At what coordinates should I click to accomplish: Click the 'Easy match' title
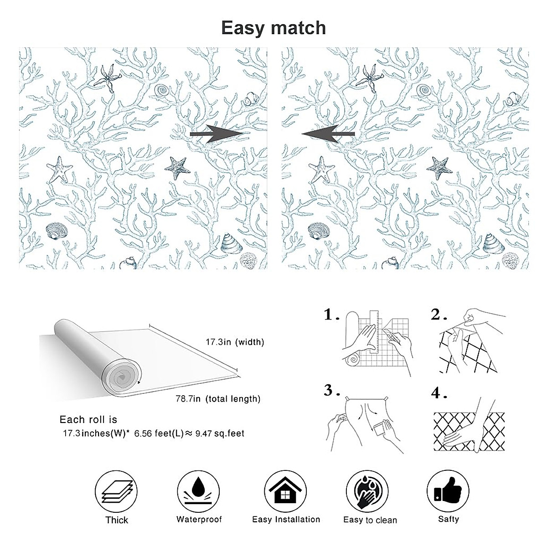pyautogui.click(x=273, y=28)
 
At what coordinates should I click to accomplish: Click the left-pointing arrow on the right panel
pyautogui.click(x=328, y=134)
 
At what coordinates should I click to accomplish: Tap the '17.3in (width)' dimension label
pyautogui.click(x=235, y=342)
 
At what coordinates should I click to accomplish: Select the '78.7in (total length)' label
pyautogui.click(x=218, y=399)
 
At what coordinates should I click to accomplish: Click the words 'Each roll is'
pyautogui.click(x=88, y=419)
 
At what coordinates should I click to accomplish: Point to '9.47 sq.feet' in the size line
pyautogui.click(x=220, y=433)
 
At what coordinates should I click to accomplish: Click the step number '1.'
pyautogui.click(x=331, y=315)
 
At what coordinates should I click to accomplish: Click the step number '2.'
pyautogui.click(x=439, y=315)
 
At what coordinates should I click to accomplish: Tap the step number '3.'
pyautogui.click(x=331, y=391)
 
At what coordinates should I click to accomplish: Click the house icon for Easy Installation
pyautogui.click(x=285, y=491)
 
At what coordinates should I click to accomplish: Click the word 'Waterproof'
pyautogui.click(x=199, y=520)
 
